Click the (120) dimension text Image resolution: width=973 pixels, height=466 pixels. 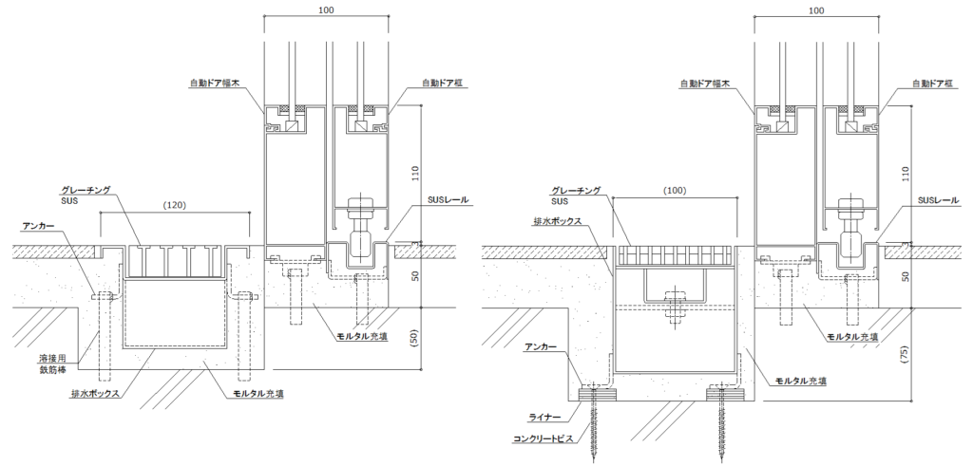tap(174, 204)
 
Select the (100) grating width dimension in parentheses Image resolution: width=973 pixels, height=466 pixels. tap(675, 190)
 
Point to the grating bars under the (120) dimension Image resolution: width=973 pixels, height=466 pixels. tap(175, 261)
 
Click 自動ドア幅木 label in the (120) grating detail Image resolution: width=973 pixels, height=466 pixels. tap(223, 84)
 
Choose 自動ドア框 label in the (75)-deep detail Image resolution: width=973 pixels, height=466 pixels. tap(941, 84)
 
